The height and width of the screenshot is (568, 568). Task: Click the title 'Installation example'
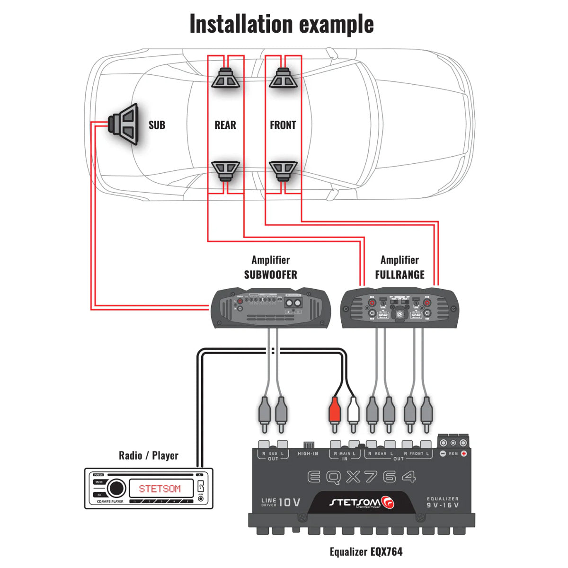(x=282, y=24)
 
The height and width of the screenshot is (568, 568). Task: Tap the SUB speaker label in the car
(x=157, y=125)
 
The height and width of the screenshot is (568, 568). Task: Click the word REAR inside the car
(x=225, y=125)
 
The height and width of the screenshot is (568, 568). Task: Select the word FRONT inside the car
(x=283, y=125)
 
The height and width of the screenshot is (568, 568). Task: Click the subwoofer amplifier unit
(x=270, y=308)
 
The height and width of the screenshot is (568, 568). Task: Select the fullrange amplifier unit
(x=399, y=308)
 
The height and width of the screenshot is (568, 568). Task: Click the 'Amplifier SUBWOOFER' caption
(x=270, y=267)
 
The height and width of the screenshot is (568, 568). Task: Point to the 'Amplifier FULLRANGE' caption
(x=399, y=267)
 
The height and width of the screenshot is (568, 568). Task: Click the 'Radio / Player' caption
(x=148, y=456)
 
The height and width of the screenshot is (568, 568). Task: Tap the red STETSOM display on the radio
(x=160, y=488)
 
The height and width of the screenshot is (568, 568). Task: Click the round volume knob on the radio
(x=116, y=488)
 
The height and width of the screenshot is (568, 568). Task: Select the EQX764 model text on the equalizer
(x=362, y=477)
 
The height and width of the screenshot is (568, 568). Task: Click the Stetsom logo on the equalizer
(x=362, y=502)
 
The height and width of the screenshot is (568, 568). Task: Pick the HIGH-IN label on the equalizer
(x=308, y=454)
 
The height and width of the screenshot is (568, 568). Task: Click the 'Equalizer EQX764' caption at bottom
(x=366, y=551)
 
